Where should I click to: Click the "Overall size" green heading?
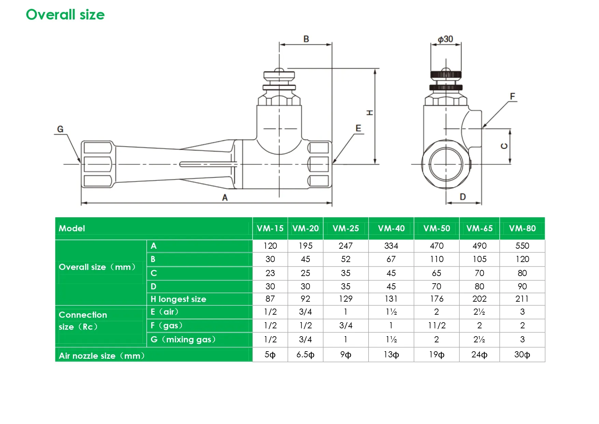click(x=65, y=15)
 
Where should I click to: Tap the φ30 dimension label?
click(x=445, y=39)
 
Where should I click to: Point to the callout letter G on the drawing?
click(x=60, y=129)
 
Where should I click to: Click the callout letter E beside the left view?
click(x=358, y=128)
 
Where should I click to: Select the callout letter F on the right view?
click(x=512, y=96)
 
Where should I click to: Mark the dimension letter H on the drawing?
click(x=370, y=113)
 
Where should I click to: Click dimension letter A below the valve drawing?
click(x=225, y=197)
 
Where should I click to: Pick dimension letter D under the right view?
click(x=463, y=197)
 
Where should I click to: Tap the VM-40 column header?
click(x=391, y=228)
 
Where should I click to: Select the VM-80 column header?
click(x=522, y=228)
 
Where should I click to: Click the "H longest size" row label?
click(x=179, y=299)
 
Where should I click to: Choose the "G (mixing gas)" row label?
click(x=183, y=340)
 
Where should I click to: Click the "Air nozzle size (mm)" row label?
click(x=102, y=356)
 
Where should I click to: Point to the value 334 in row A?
click(x=391, y=246)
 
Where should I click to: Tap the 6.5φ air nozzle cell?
click(x=305, y=355)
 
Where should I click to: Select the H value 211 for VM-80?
click(x=522, y=299)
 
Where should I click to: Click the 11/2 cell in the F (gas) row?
click(x=437, y=326)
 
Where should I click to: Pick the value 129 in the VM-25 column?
click(x=346, y=299)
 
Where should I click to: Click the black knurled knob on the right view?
click(x=446, y=74)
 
